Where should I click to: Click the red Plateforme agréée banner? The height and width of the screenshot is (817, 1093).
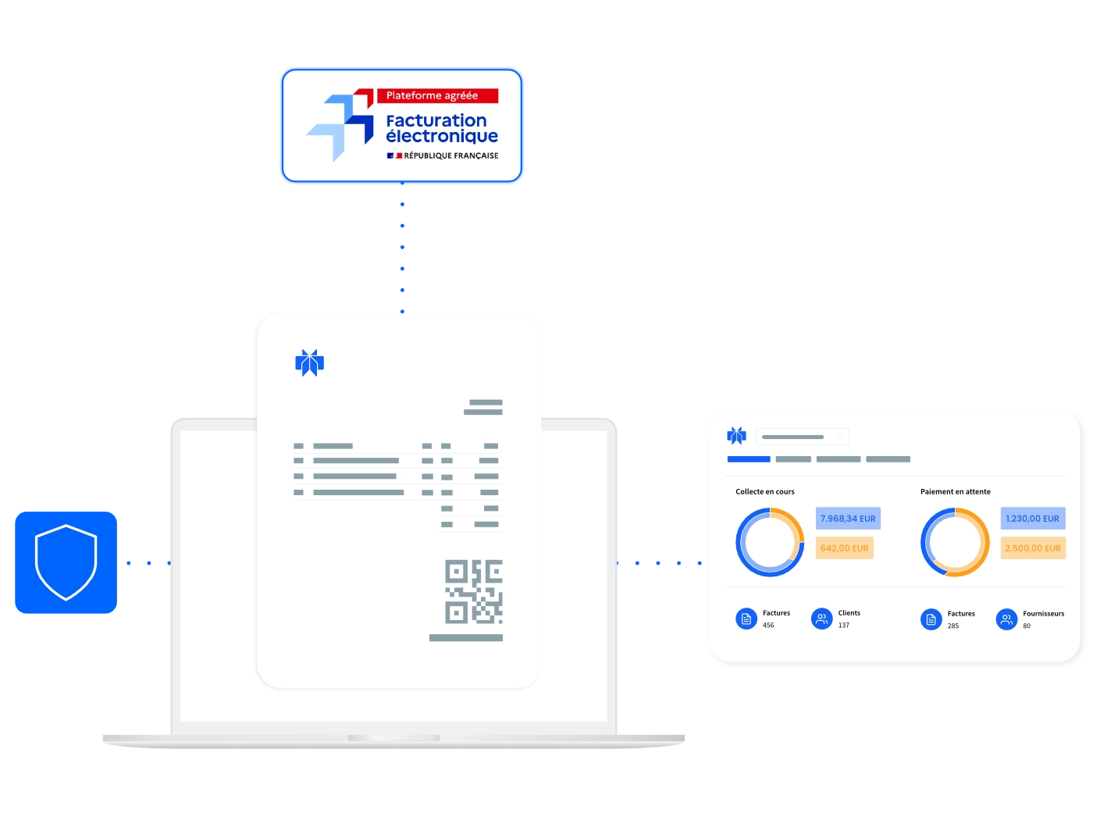click(437, 95)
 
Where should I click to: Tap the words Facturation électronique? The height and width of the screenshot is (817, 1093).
click(442, 128)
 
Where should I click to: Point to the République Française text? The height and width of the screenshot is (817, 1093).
click(450, 155)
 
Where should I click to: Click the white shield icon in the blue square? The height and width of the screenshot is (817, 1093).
click(66, 562)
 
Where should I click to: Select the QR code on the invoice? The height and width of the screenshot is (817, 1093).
click(474, 591)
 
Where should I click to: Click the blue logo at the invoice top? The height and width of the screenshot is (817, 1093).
click(309, 362)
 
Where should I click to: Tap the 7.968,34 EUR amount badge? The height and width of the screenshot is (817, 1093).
click(848, 518)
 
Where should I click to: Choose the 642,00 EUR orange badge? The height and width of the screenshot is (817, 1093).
click(844, 548)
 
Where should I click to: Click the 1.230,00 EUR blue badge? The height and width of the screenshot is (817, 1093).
click(1032, 518)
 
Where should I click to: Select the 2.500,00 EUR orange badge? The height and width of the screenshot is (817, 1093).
click(1032, 548)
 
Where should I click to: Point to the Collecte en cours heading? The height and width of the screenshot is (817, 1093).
click(765, 491)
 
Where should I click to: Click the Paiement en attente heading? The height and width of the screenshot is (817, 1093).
click(955, 491)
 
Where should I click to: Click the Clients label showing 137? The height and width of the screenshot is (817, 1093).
click(849, 612)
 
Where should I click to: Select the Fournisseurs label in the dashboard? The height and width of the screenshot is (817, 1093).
click(1043, 613)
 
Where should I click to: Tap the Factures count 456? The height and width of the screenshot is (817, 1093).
click(768, 625)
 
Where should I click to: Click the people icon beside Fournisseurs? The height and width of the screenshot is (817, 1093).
click(1006, 619)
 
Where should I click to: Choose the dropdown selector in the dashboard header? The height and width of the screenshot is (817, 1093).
click(802, 437)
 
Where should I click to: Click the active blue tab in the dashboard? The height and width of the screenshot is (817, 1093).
click(749, 458)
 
